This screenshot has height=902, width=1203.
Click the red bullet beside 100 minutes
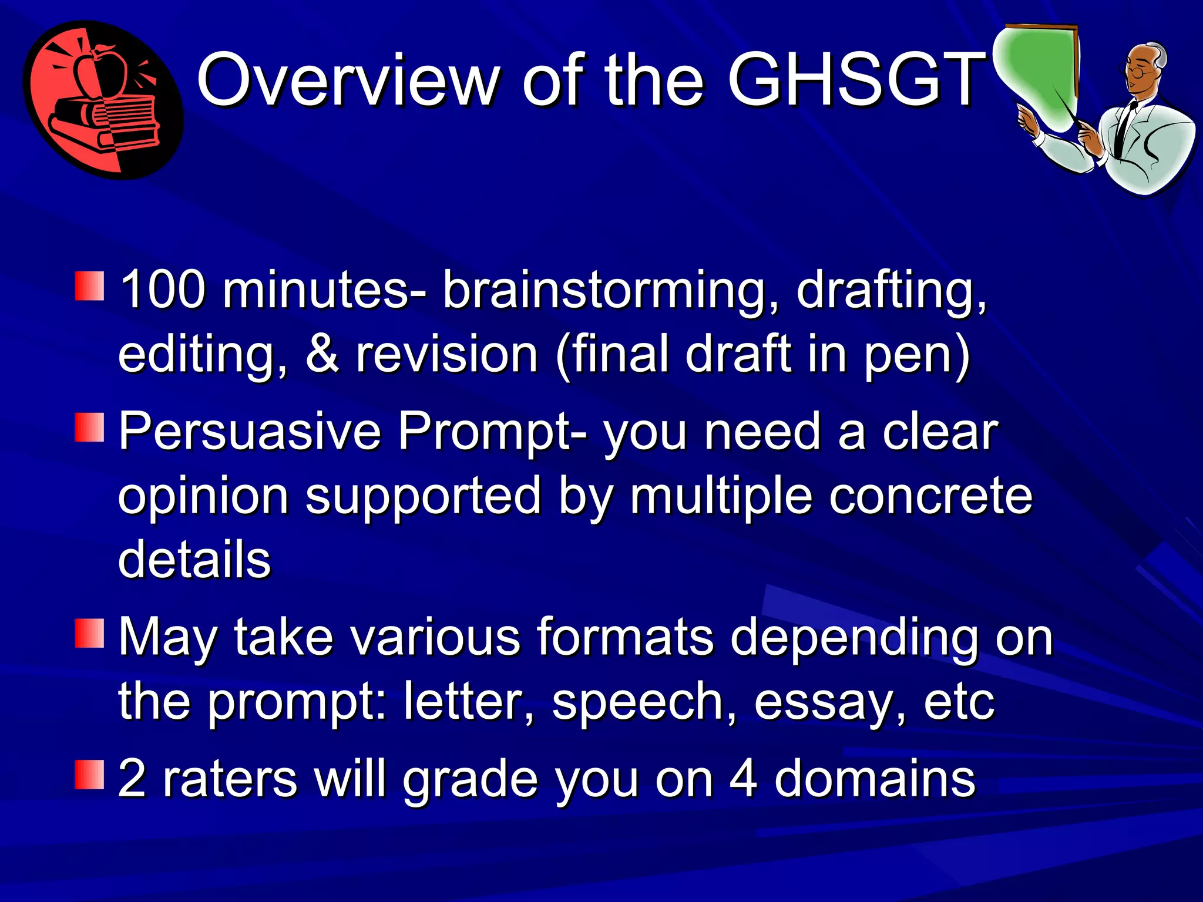(x=89, y=286)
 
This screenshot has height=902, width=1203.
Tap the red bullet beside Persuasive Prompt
(x=89, y=427)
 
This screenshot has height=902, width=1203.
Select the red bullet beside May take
(x=89, y=633)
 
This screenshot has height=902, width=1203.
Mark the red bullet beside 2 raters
(x=89, y=774)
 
